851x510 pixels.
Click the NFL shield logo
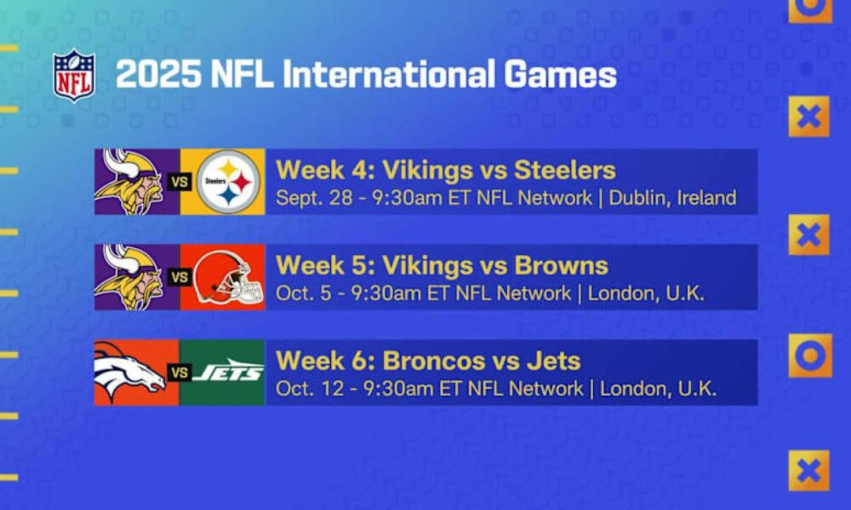click(x=74, y=76)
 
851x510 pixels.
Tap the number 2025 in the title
click(x=158, y=74)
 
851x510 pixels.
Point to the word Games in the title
click(x=561, y=74)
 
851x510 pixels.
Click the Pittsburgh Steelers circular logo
click(x=228, y=182)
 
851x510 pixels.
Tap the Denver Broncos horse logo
click(x=129, y=371)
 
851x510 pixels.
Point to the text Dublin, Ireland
click(x=672, y=198)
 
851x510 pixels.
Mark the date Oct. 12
click(x=310, y=388)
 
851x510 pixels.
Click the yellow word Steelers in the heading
click(x=564, y=170)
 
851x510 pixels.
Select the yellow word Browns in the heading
click(x=561, y=265)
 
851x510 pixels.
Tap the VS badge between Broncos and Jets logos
click(x=179, y=372)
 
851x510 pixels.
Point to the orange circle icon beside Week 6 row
click(x=810, y=355)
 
